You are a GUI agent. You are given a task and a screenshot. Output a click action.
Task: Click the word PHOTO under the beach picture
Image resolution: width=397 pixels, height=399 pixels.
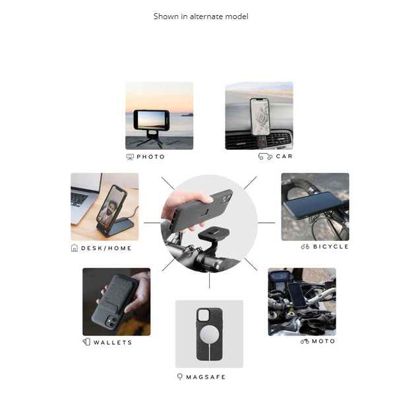click(150, 157)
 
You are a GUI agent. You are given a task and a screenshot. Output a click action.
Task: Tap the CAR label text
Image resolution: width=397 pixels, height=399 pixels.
click(284, 156)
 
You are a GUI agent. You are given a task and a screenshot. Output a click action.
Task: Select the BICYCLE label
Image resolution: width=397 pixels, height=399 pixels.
click(331, 247)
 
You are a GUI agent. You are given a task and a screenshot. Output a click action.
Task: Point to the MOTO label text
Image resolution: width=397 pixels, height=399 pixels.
click(323, 341)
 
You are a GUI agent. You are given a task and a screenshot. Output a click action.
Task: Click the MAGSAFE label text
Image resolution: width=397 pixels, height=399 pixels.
click(206, 377)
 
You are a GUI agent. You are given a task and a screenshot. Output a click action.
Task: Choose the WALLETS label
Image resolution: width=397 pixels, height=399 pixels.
click(113, 342)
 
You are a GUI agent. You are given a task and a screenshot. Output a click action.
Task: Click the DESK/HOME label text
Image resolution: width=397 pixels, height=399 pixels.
click(106, 248)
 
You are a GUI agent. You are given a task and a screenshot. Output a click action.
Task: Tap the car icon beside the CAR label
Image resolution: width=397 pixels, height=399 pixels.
click(265, 156)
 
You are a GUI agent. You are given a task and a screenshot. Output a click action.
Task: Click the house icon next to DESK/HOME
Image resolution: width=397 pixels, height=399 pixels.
click(74, 248)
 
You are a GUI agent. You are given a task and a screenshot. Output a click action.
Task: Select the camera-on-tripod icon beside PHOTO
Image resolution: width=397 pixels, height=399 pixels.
click(130, 157)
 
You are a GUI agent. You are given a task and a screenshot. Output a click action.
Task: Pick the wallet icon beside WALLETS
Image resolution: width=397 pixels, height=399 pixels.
click(86, 342)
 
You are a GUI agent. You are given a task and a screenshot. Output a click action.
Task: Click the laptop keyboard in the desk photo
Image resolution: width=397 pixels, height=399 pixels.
click(79, 199)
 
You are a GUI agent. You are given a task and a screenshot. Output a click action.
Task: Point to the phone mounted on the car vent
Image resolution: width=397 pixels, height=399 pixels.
click(260, 117)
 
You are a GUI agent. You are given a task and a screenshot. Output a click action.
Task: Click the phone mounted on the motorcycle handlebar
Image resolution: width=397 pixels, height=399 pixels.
click(297, 295)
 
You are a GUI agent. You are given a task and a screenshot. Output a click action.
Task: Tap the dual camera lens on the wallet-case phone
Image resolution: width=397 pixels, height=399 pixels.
click(111, 322)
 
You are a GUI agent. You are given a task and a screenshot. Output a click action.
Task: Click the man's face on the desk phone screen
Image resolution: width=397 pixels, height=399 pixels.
click(111, 207)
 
